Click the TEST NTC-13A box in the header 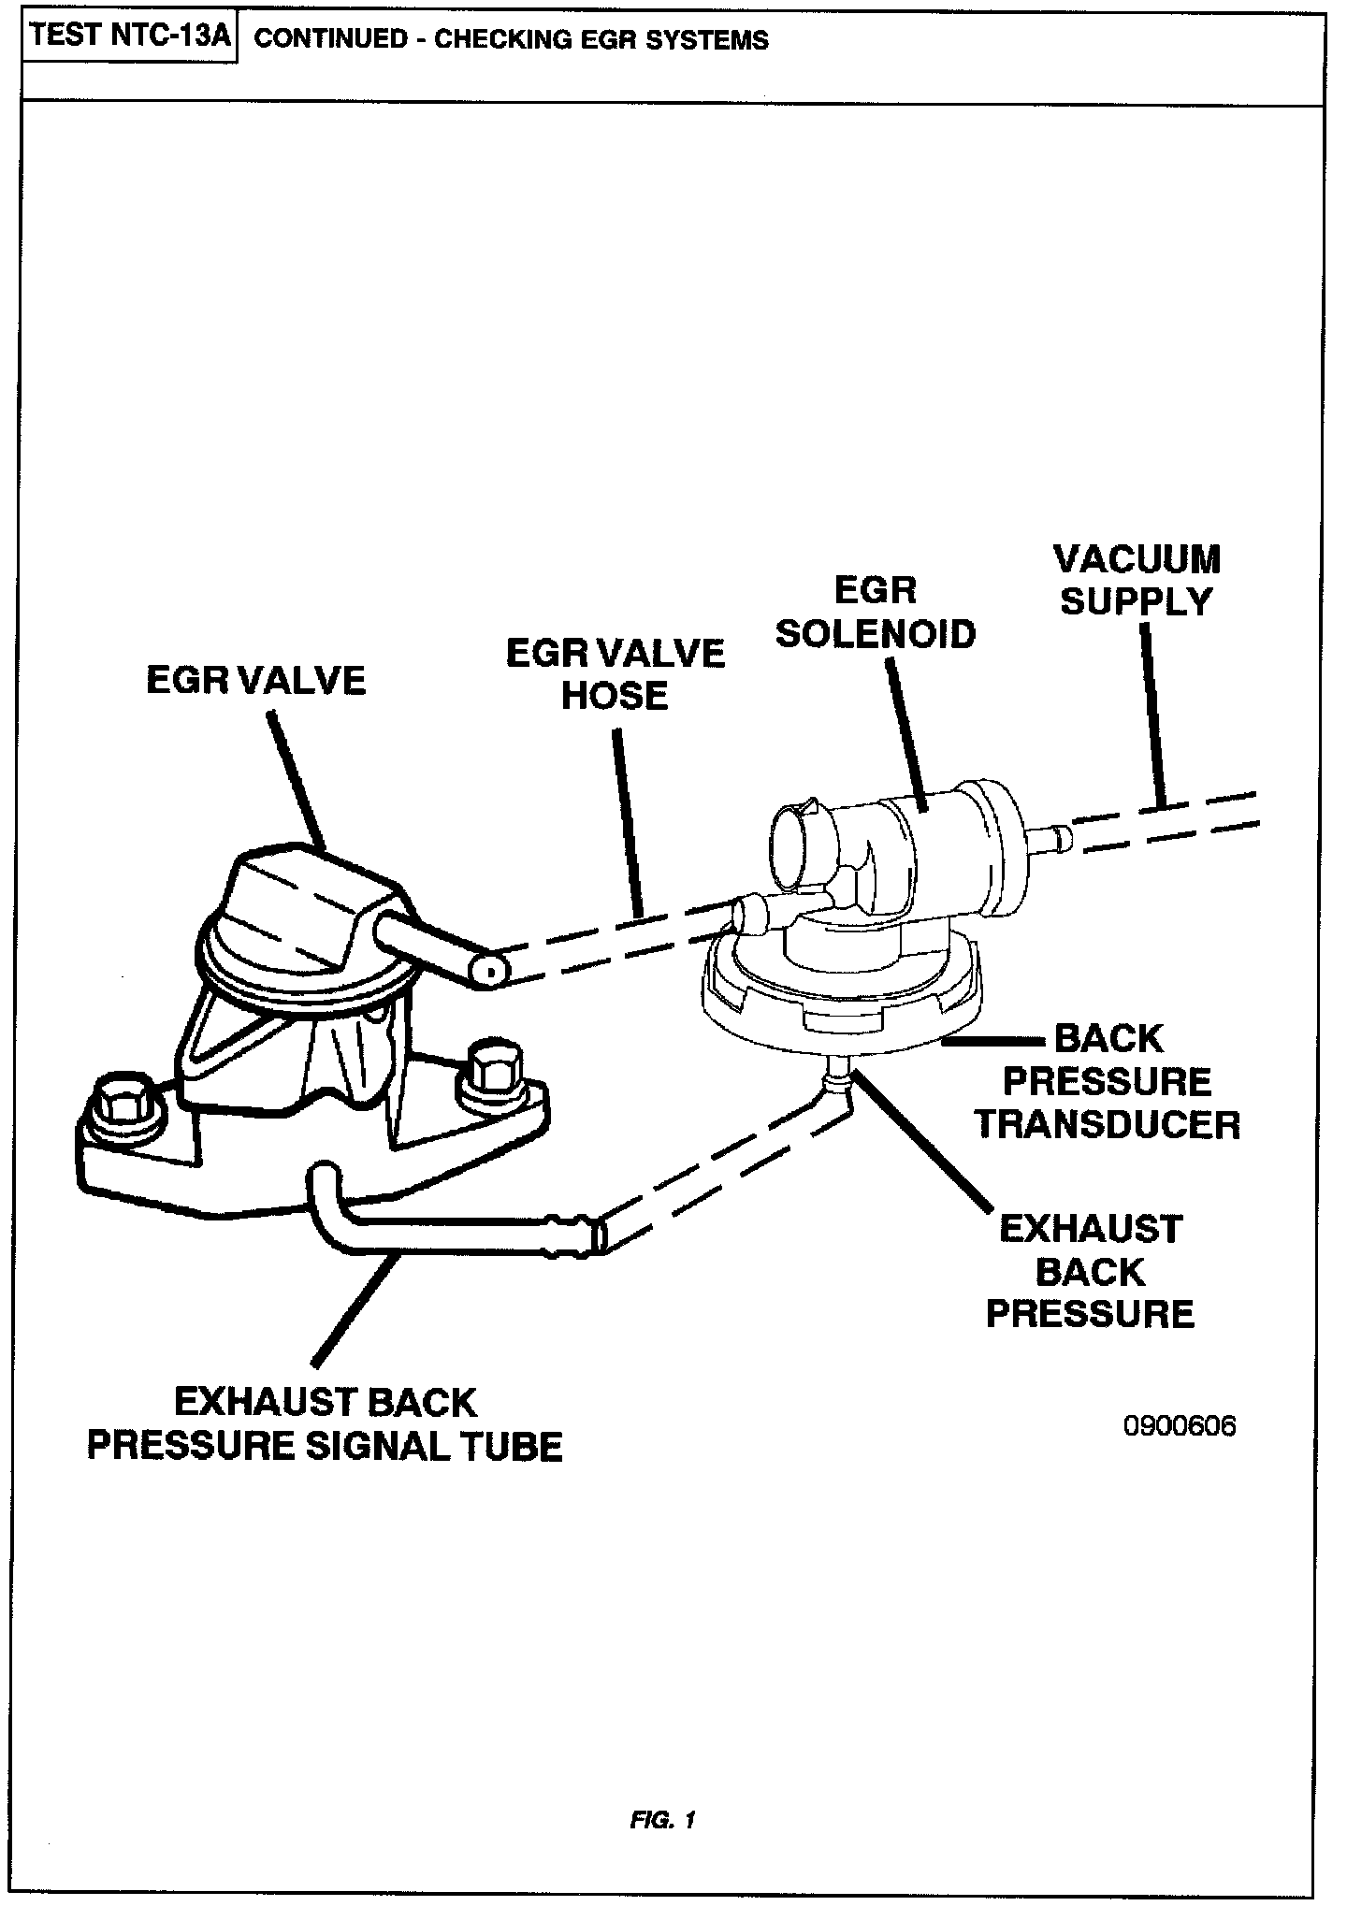tap(128, 37)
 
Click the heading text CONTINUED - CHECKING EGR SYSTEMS tap(511, 39)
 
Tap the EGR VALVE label tap(255, 680)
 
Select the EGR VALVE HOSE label tap(615, 673)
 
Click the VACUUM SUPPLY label tap(1137, 581)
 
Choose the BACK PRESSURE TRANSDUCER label tap(1108, 1081)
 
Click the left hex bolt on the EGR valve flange tap(121, 1104)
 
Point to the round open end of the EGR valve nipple tap(487, 972)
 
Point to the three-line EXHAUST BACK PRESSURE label tap(1090, 1271)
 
